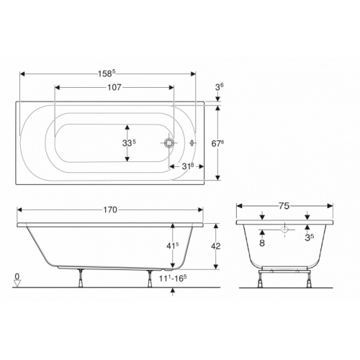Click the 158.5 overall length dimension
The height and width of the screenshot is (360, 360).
[107, 73]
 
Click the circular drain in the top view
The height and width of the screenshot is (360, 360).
[168, 143]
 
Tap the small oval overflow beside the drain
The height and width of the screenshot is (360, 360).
[192, 143]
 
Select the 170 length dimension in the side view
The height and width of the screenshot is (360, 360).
[109, 211]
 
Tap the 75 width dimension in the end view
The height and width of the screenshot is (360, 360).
[284, 205]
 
